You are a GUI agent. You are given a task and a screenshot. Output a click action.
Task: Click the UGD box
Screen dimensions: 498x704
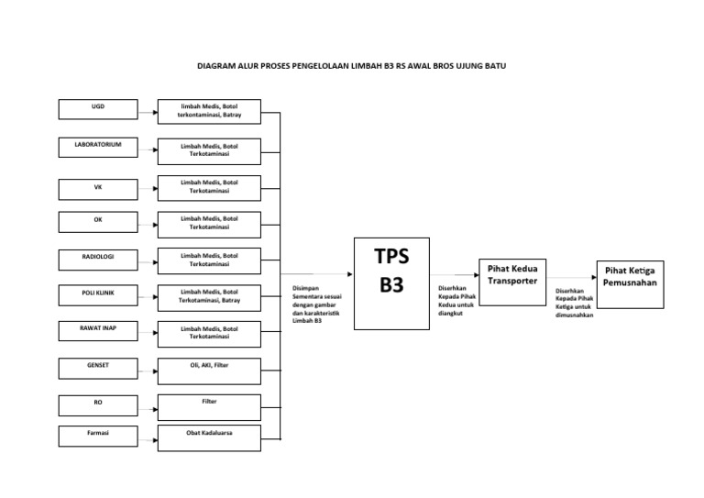tap(98, 110)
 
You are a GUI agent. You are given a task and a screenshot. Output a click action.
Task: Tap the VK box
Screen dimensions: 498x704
tap(98, 190)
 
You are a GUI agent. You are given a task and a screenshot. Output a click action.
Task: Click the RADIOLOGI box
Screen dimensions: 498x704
tap(98, 259)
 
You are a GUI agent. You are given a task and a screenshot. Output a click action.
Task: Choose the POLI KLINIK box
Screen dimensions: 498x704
tap(98, 295)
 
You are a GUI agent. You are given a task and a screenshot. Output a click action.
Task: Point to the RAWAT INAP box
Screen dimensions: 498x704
tap(98, 330)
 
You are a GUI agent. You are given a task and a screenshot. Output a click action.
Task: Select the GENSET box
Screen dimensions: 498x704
tap(98, 368)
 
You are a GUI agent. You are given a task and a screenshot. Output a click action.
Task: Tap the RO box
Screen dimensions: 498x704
tap(98, 404)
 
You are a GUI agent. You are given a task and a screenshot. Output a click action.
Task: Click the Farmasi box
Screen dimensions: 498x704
tap(98, 435)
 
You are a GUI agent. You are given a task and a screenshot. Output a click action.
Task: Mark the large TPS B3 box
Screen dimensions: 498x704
tap(391, 282)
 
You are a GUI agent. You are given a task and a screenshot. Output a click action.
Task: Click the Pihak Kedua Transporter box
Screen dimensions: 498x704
tap(512, 274)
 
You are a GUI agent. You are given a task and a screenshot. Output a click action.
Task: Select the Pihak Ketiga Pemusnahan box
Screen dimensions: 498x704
tap(630, 283)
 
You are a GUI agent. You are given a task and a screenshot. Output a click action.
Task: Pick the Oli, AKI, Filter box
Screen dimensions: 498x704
tap(209, 371)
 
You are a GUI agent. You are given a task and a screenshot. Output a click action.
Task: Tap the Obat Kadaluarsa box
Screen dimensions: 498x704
tap(209, 437)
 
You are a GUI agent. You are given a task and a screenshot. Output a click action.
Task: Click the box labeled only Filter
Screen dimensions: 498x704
tap(209, 406)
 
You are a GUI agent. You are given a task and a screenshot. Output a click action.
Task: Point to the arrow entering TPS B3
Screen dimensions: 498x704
tap(321, 273)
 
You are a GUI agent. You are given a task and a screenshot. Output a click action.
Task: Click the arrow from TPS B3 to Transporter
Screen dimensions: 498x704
tap(455, 273)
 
